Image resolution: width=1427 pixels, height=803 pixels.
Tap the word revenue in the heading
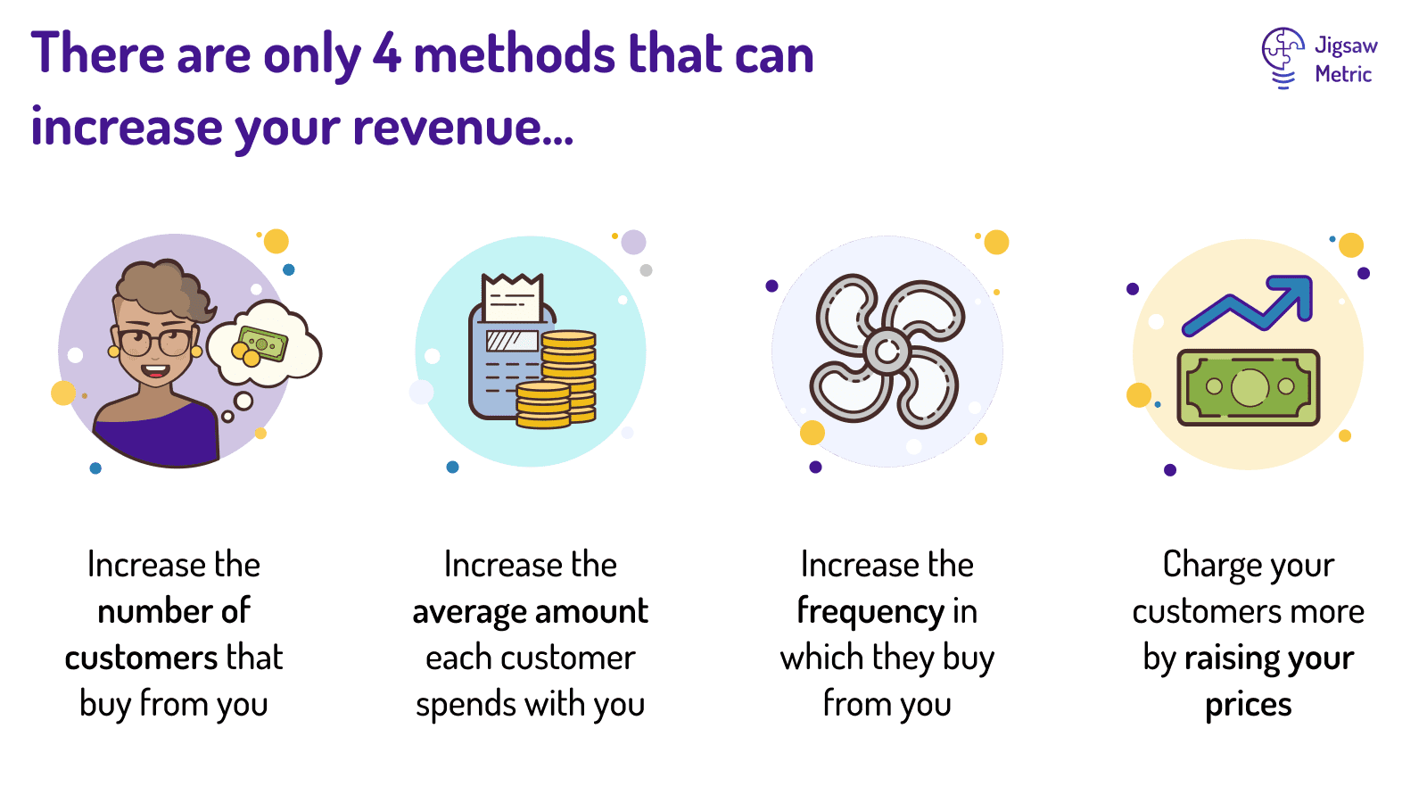coord(447,128)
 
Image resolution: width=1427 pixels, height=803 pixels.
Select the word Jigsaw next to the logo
coord(1346,46)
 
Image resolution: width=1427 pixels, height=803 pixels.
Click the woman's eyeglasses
coord(154,341)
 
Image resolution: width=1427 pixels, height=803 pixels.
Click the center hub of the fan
coord(887,352)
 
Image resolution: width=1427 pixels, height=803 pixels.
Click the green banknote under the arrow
coord(1248,387)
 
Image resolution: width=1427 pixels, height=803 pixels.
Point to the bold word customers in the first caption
coord(141,658)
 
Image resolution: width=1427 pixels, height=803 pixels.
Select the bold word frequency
coord(870,612)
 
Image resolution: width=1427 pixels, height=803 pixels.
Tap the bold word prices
coord(1248,705)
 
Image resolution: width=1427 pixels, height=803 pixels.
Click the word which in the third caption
coord(821,658)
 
